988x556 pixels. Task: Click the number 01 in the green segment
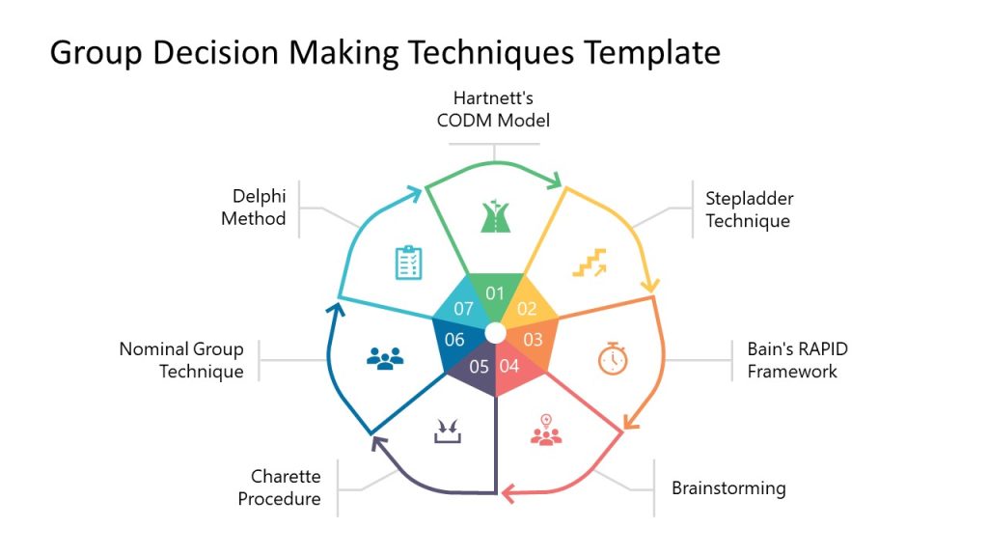point(495,293)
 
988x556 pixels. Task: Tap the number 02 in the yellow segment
point(527,309)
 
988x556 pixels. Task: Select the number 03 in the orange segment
point(533,340)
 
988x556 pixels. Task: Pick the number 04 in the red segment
point(509,366)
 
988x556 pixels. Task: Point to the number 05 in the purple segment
point(480,366)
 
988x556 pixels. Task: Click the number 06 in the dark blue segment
point(454,340)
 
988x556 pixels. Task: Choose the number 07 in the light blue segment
point(463,309)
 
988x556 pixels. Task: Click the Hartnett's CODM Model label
point(494,109)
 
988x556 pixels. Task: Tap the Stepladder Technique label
point(749,209)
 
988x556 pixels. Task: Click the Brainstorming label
point(728,487)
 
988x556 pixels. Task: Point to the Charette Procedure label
point(280,487)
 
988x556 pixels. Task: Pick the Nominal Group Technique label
point(181,360)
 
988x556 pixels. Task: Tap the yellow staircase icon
point(590,262)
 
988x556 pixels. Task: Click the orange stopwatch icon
point(613,358)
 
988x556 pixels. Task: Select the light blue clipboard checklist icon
point(409,262)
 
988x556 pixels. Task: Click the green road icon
point(494,217)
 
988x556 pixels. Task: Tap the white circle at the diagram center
point(495,333)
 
